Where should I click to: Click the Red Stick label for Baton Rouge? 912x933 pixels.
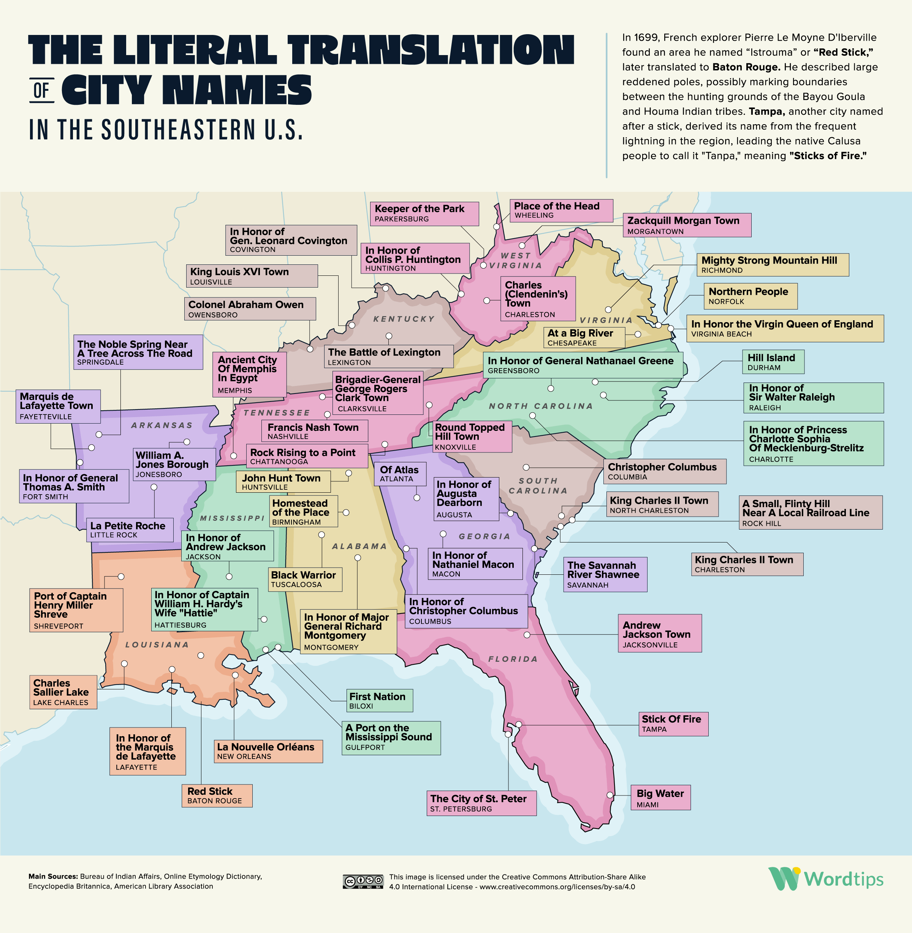coord(217,795)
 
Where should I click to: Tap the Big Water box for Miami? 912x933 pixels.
coord(660,797)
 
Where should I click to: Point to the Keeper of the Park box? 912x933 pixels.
coord(424,213)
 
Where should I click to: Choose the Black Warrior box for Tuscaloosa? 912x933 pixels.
coord(305,579)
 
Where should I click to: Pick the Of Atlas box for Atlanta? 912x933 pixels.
coord(399,474)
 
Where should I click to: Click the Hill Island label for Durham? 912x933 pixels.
coord(773,362)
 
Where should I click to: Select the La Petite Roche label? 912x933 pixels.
coord(129,529)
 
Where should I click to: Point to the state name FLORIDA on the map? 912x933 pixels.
coord(513,659)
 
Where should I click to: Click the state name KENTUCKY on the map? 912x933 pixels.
coord(404,319)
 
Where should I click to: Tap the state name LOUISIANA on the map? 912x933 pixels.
coord(157,645)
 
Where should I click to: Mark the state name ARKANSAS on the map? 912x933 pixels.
coord(162,425)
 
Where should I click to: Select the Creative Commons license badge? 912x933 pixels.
coord(363,882)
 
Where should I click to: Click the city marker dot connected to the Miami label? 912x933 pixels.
coord(610,795)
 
